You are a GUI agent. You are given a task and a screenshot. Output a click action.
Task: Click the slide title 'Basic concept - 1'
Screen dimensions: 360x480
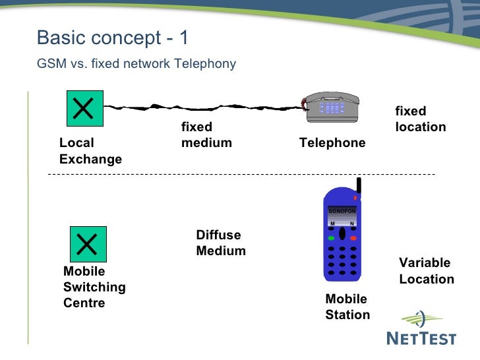[x=113, y=38]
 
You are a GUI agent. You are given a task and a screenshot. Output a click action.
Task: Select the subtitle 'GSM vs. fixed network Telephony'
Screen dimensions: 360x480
[x=136, y=64]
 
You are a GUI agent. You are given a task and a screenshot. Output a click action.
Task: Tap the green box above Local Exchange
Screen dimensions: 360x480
[x=83, y=108]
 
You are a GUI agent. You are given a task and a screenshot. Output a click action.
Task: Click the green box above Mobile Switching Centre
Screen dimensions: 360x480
[x=88, y=243]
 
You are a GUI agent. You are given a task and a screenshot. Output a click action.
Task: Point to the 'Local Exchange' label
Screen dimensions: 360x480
[x=90, y=151]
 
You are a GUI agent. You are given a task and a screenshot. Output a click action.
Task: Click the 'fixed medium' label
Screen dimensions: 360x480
[x=206, y=135]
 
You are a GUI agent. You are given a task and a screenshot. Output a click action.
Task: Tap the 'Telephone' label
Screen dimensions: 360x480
[x=332, y=143]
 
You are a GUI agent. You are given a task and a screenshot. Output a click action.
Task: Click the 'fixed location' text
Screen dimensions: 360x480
[x=420, y=119]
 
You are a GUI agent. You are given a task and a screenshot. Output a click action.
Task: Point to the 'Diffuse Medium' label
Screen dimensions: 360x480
[x=221, y=243]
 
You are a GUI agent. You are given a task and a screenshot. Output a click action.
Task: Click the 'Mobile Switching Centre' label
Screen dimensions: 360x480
[x=94, y=287]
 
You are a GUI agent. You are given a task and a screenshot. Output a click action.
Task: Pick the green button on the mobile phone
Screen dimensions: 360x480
[x=332, y=238]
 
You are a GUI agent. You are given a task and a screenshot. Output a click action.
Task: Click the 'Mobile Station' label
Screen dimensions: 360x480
[x=347, y=307]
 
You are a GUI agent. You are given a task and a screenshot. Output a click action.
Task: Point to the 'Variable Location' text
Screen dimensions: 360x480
[x=426, y=271]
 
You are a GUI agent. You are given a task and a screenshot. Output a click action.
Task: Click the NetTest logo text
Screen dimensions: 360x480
[x=420, y=338]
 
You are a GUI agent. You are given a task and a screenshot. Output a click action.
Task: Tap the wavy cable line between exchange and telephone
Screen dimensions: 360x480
[x=198, y=105]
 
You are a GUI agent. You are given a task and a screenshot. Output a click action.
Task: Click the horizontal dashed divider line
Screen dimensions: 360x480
[x=241, y=174]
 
